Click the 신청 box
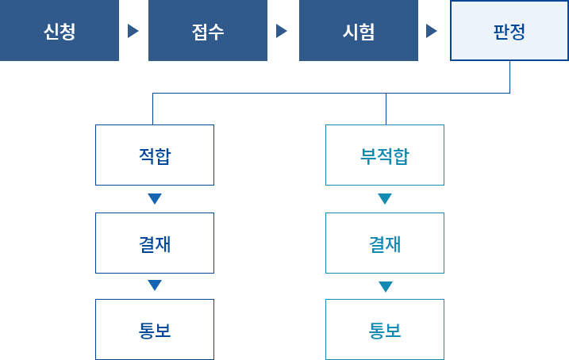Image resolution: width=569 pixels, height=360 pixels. (x=60, y=31)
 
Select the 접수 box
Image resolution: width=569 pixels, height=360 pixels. (x=208, y=31)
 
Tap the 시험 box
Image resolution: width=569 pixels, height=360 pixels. (x=358, y=31)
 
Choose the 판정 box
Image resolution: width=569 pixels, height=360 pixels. (x=509, y=31)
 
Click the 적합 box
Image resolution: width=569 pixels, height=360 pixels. (x=155, y=155)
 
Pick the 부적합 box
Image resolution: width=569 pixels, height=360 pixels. (x=385, y=155)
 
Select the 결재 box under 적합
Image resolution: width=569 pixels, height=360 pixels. (x=155, y=243)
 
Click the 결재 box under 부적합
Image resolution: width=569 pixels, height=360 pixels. (x=385, y=243)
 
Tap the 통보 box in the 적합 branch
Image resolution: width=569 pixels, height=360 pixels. (x=155, y=329)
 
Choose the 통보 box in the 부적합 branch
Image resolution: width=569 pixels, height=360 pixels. (x=385, y=329)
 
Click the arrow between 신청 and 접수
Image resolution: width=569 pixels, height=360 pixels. (x=133, y=31)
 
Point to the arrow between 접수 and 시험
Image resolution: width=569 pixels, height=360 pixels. (x=282, y=31)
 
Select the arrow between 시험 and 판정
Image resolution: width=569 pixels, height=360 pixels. (x=432, y=31)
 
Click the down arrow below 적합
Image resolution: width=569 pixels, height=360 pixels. (x=155, y=199)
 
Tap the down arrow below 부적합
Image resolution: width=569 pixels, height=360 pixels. (x=385, y=199)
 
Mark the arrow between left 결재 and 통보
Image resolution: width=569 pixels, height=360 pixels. (x=155, y=285)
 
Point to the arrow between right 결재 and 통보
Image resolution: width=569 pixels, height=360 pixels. (x=385, y=285)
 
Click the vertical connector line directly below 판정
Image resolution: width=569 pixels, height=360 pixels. (x=509, y=77)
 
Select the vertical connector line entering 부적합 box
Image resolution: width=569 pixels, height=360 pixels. (x=386, y=109)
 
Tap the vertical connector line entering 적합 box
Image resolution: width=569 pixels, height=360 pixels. (x=153, y=109)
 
